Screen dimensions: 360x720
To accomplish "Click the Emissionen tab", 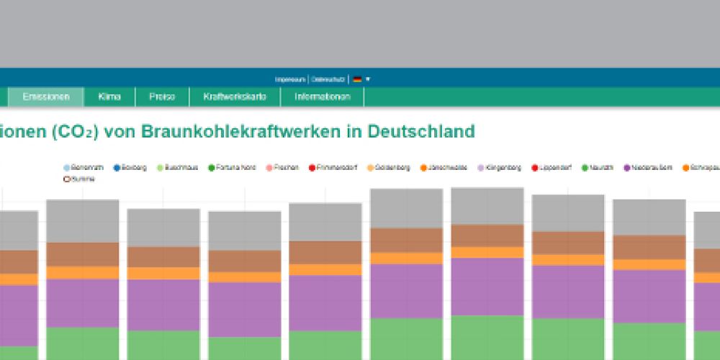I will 46,96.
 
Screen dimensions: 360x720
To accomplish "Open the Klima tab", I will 109,96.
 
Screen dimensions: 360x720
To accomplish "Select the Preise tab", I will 162,96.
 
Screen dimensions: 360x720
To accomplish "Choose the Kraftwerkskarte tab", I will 235,96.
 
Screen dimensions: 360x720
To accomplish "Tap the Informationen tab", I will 323,96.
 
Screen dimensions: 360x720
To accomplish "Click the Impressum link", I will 291,79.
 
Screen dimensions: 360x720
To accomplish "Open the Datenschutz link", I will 328,79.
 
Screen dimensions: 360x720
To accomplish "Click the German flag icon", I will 357,79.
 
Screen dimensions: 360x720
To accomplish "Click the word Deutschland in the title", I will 421,132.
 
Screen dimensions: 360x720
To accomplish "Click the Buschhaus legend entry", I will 176,168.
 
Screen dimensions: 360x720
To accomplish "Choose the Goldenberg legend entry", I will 389,168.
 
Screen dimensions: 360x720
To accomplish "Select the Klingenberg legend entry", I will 500,168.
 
